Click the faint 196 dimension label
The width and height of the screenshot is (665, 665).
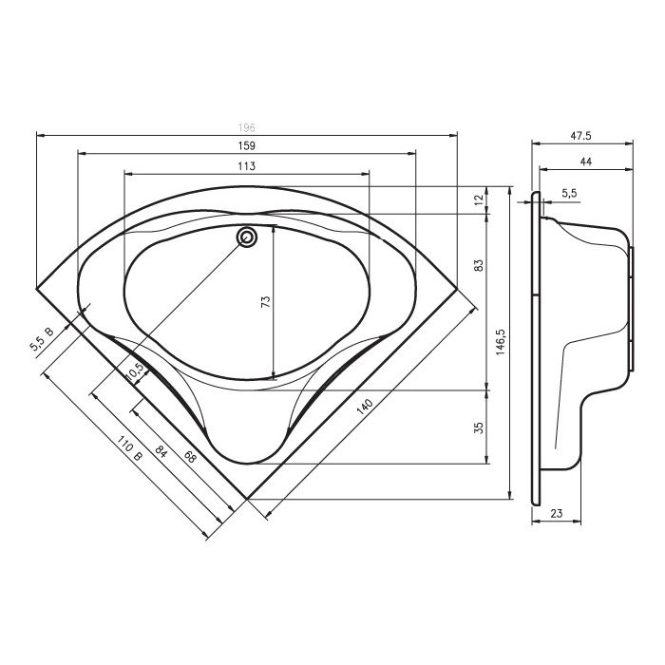click(x=246, y=127)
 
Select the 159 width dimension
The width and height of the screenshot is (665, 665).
click(x=246, y=146)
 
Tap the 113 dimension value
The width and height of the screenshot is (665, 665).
click(x=246, y=166)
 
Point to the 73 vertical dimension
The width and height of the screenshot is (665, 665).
click(x=266, y=301)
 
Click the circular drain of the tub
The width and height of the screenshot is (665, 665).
click(x=247, y=237)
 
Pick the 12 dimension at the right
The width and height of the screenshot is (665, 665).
click(x=479, y=199)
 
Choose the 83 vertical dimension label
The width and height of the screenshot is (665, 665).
click(x=479, y=265)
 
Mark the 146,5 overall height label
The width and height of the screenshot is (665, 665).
click(x=501, y=342)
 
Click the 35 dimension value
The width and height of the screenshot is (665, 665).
click(x=479, y=427)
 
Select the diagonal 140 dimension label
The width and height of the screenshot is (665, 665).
click(x=365, y=407)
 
